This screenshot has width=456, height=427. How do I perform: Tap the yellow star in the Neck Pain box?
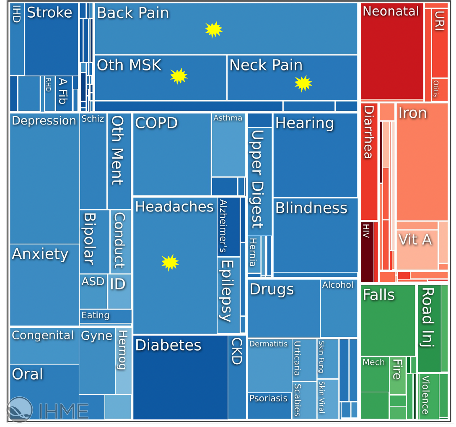click(x=303, y=83)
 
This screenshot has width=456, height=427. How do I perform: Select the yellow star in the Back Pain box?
click(x=213, y=29)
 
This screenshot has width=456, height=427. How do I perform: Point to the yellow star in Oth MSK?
click(x=179, y=76)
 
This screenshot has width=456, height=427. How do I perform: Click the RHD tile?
click(x=49, y=93)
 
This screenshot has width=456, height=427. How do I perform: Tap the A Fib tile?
click(x=63, y=93)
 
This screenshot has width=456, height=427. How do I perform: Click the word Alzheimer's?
click(x=223, y=227)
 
